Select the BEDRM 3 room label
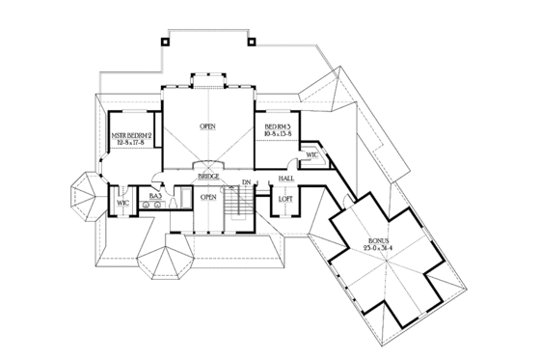click(278, 126)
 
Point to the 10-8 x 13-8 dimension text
click(278, 134)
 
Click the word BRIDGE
click(207, 178)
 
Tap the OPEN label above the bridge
click(207, 126)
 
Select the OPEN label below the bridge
click(207, 197)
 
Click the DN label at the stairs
click(247, 182)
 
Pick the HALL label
click(286, 179)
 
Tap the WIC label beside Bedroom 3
click(311, 154)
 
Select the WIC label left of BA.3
click(123, 204)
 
